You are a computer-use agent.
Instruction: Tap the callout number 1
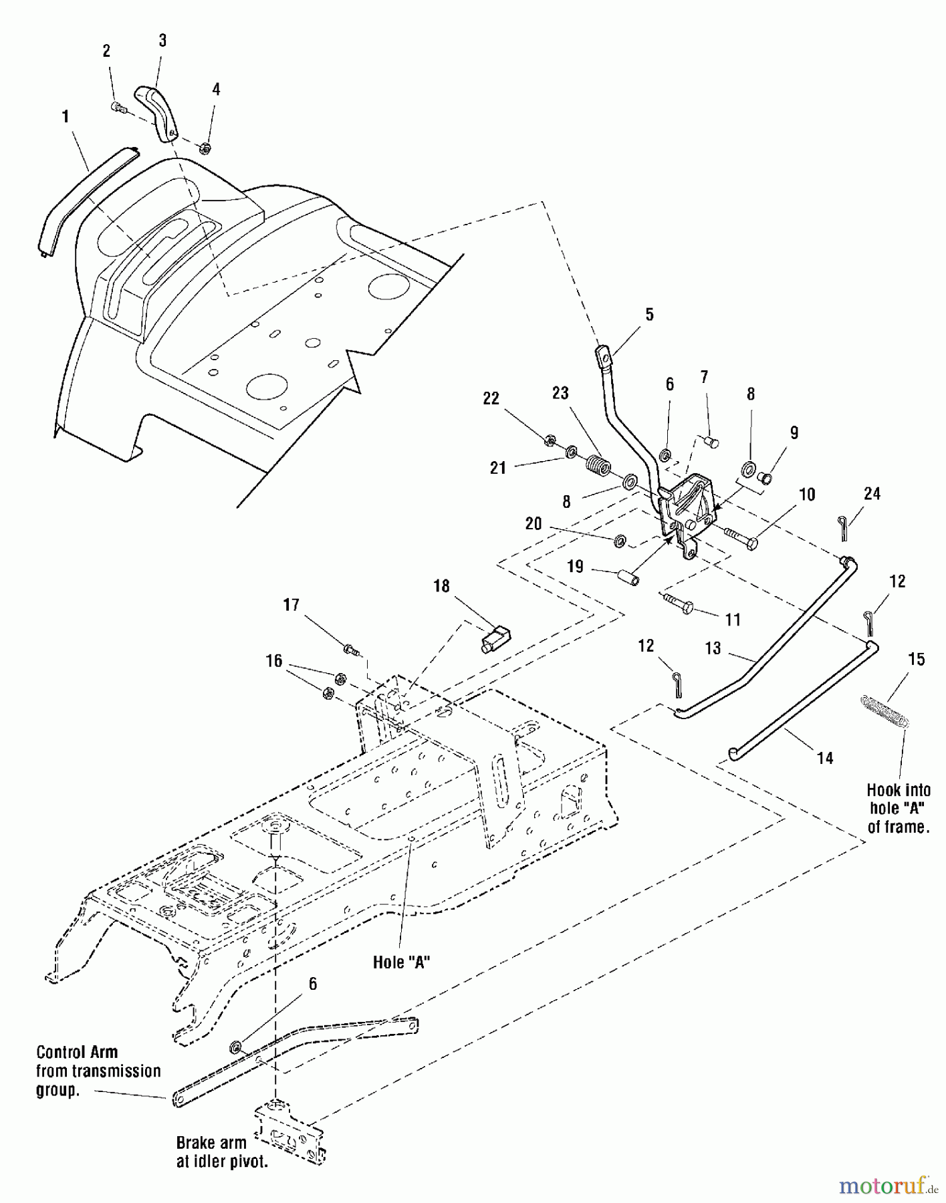click(66, 117)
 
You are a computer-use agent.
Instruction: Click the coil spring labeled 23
click(598, 464)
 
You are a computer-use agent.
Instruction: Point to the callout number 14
click(825, 757)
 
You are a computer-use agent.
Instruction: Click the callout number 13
click(713, 648)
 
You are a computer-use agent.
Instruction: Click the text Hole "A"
click(401, 962)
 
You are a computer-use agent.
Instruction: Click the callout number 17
click(291, 605)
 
